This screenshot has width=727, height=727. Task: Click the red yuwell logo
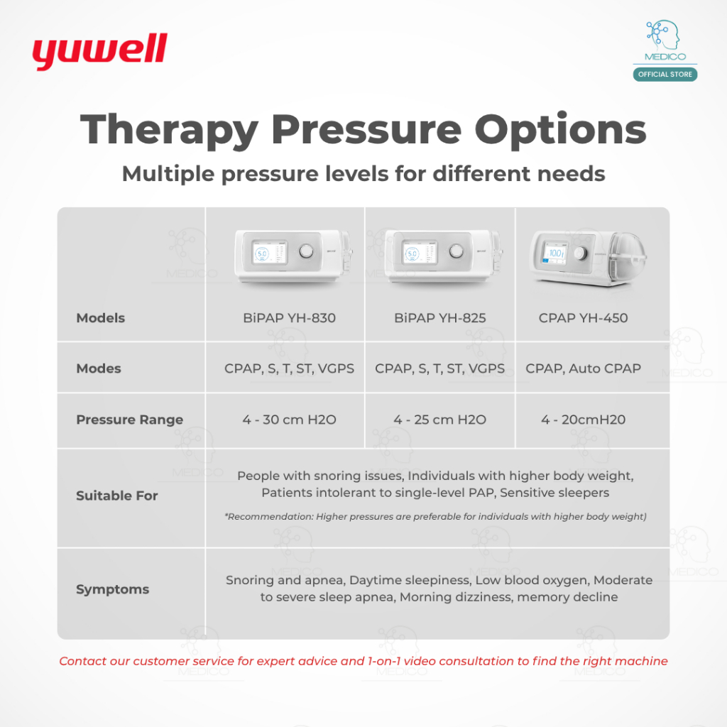(99, 51)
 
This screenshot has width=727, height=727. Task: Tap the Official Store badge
(665, 74)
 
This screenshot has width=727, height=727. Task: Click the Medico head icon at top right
(664, 35)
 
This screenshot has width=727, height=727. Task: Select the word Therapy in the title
(169, 131)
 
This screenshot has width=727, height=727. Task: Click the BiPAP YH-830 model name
(290, 318)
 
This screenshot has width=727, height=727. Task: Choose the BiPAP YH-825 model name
(440, 318)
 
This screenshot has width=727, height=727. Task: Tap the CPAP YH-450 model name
(584, 318)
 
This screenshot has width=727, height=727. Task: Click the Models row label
(101, 318)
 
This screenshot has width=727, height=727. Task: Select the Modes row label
(99, 368)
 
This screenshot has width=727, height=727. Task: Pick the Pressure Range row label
(130, 420)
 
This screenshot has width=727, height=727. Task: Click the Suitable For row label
(117, 496)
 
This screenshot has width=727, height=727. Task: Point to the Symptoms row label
(113, 590)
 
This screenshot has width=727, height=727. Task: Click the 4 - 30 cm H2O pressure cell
(290, 420)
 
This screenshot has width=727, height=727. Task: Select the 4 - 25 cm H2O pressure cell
(440, 420)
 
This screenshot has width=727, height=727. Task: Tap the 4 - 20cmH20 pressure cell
(584, 420)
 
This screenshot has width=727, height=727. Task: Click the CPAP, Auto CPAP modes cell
(584, 368)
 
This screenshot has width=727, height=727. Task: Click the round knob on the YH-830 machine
(306, 252)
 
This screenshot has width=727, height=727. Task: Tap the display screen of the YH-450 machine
(555, 253)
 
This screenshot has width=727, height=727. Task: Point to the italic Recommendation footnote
(435, 517)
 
